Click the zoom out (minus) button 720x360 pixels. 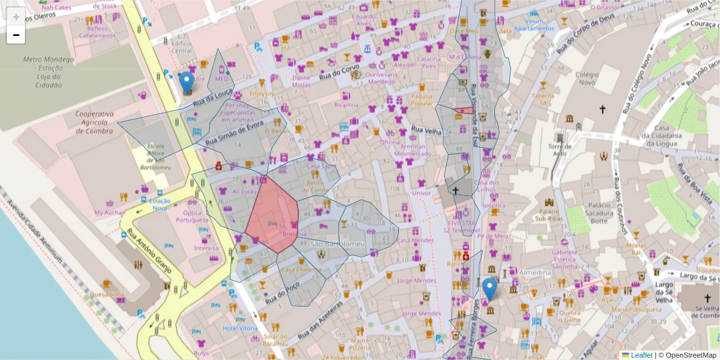(16, 35)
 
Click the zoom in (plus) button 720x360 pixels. (16, 17)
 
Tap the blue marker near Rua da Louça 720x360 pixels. (187, 82)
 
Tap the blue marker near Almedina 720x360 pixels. (490, 289)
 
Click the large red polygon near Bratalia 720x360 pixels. (273, 213)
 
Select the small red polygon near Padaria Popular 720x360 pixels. (464, 110)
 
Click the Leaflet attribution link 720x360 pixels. (641, 355)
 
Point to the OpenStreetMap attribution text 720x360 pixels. (691, 355)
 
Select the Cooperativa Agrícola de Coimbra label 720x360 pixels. (94, 122)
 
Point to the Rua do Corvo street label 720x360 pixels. (340, 73)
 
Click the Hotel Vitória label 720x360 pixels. (240, 328)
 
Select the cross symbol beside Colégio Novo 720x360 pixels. (603, 109)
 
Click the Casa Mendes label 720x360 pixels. (415, 241)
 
